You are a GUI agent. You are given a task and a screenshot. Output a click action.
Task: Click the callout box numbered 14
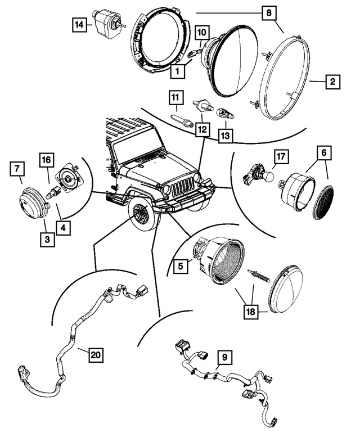(x=79, y=25)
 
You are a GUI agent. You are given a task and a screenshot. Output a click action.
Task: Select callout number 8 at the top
(x=269, y=12)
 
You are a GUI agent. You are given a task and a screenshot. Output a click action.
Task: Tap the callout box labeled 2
(x=332, y=83)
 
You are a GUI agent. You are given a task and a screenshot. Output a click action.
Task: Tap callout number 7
(x=17, y=167)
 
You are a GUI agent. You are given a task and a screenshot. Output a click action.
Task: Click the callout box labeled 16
(x=46, y=160)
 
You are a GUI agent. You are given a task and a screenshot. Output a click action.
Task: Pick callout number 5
(x=179, y=265)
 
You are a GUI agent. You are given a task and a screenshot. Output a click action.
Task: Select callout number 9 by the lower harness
(x=224, y=356)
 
